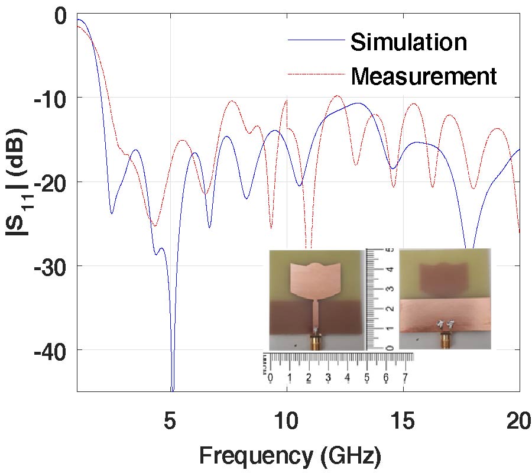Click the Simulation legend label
tap(408, 42)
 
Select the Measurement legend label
tap(423, 76)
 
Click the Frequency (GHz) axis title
tap(290, 456)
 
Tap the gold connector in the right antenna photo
tap(445, 341)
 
